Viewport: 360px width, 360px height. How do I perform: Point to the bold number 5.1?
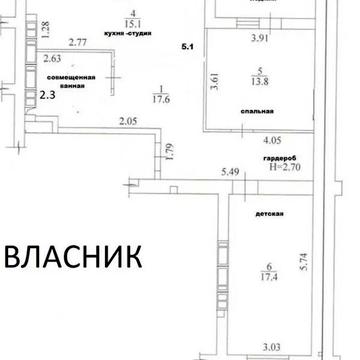click(187, 47)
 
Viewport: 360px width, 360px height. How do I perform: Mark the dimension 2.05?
click(126, 122)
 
